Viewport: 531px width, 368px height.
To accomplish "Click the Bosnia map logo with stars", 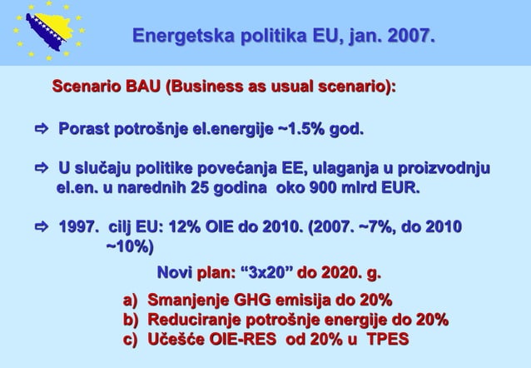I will tap(48, 32).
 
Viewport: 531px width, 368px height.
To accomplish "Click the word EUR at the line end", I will tap(399, 189).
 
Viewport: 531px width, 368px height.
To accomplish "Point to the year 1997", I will tap(77, 228).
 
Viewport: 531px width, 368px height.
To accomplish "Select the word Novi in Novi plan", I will tap(174, 273).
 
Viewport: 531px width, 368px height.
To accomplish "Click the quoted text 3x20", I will tap(266, 273).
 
